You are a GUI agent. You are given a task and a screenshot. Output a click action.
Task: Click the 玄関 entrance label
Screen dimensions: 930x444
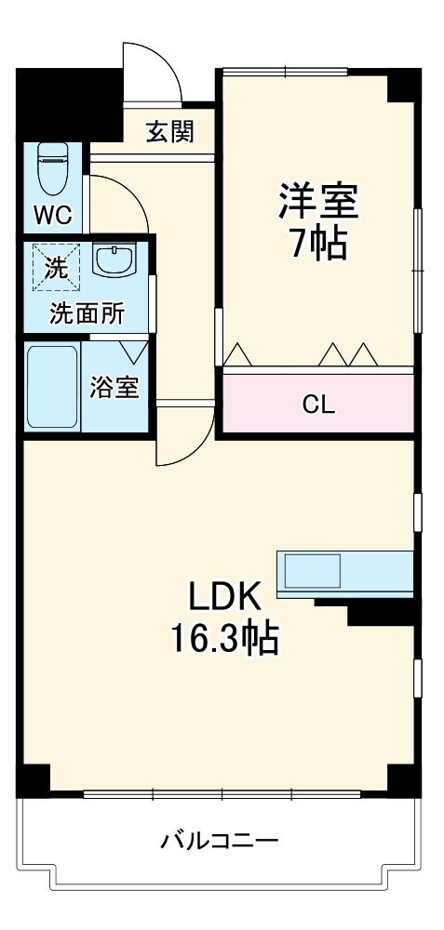(x=169, y=132)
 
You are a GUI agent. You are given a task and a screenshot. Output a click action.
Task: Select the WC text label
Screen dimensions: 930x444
(x=52, y=216)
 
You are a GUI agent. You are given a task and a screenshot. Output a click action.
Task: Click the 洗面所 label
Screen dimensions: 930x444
(x=87, y=313)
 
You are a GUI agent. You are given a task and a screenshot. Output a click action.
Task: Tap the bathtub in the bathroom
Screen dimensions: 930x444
(x=52, y=388)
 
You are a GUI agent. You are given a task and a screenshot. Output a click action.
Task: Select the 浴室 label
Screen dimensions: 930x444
(x=114, y=388)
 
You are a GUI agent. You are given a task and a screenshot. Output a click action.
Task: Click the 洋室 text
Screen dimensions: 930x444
(x=317, y=202)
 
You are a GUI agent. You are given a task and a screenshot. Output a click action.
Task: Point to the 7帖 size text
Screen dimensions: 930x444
(x=317, y=245)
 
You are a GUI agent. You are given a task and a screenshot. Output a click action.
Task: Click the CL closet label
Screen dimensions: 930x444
(x=317, y=405)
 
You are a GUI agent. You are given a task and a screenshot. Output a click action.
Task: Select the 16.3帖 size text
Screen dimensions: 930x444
(x=223, y=638)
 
